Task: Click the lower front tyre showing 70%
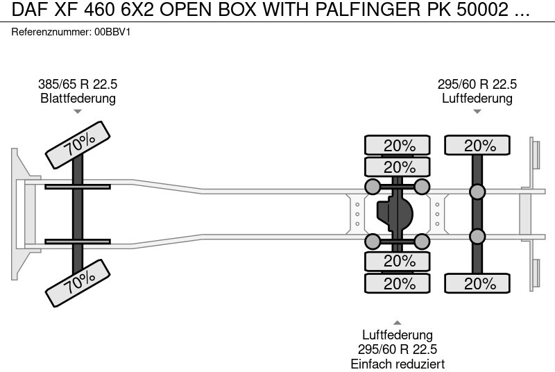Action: point(79,279)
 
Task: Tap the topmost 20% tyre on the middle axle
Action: point(398,146)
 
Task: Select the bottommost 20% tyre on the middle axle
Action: point(398,283)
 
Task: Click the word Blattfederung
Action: point(78,99)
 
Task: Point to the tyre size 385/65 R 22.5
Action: point(78,85)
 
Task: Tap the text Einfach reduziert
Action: point(398,364)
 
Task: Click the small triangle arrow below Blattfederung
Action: point(78,111)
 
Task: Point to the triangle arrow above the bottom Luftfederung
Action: point(398,321)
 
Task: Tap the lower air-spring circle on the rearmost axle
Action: point(477,236)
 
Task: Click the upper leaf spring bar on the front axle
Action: point(78,186)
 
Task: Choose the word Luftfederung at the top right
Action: point(477,99)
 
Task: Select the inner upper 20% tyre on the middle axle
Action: point(398,167)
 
